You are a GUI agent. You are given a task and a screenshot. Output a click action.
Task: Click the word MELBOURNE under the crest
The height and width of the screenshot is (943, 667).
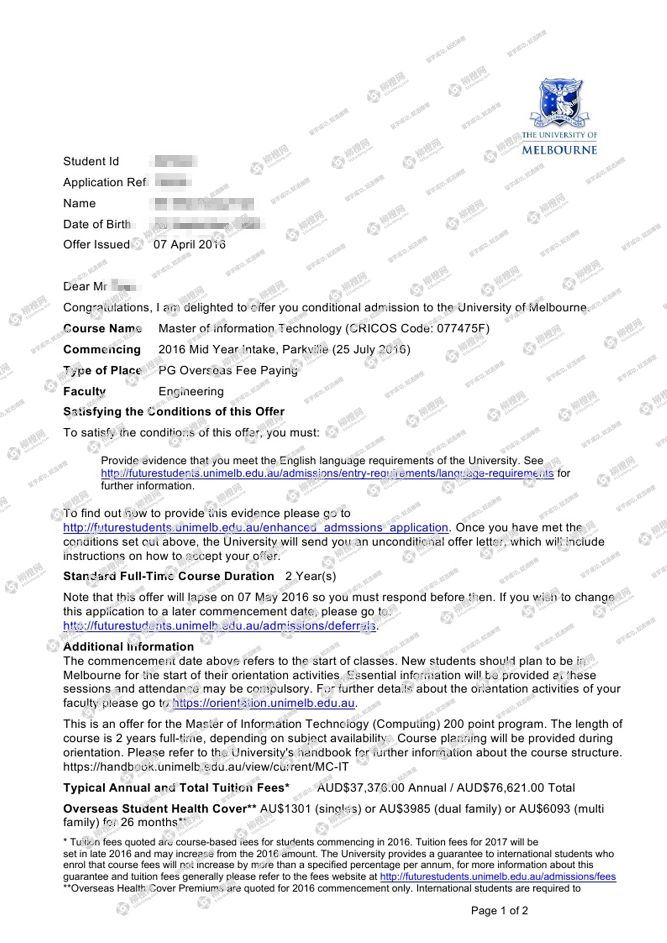559,150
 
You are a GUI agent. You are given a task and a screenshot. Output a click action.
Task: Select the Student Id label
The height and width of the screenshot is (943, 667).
91,161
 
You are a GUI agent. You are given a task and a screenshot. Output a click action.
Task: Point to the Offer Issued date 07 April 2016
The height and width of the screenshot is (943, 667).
189,244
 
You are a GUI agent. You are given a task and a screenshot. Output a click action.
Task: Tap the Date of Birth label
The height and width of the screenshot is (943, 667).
97,224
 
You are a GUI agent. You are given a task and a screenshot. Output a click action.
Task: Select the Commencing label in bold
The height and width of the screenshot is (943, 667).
102,350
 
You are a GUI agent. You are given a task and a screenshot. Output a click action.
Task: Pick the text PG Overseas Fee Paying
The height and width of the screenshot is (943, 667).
228,371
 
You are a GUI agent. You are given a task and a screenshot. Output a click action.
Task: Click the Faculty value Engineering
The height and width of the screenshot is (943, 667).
191,391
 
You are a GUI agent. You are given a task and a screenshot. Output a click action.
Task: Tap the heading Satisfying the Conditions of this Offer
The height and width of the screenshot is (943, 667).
174,411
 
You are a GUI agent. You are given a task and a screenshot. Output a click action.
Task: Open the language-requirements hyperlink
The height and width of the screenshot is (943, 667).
327,473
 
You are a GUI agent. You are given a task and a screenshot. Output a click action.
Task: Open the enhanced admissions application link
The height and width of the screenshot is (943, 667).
255,528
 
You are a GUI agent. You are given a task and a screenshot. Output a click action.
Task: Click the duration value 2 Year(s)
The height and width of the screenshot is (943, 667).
311,576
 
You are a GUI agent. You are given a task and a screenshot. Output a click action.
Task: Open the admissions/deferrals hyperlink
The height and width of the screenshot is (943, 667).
219,626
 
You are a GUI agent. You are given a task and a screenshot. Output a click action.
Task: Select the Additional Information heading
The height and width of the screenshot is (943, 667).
129,647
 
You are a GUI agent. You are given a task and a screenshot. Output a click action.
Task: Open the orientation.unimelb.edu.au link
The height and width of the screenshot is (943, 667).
264,703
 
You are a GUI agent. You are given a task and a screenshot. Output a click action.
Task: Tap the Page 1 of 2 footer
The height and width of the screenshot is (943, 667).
499,911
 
